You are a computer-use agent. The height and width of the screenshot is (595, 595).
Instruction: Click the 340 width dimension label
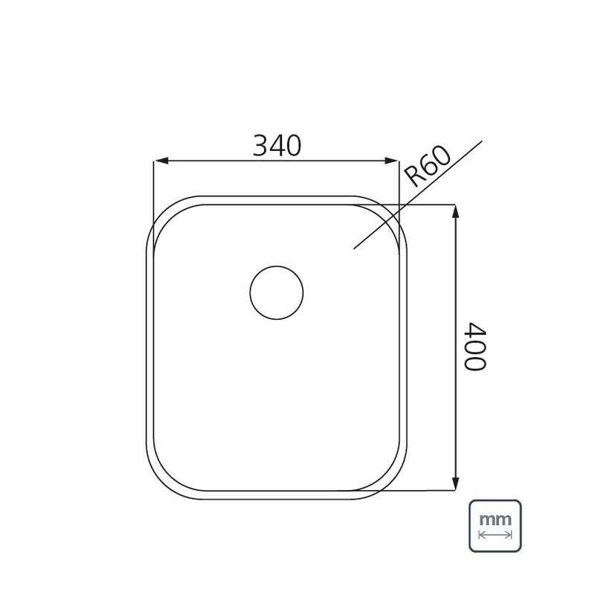coord(277,146)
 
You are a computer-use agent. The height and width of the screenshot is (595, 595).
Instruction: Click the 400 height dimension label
coord(475,347)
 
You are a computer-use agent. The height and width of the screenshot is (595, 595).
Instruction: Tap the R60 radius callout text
coord(427,167)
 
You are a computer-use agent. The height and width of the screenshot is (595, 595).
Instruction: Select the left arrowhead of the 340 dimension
coord(161,161)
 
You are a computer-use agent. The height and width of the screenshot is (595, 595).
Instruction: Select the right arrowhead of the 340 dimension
coord(392,161)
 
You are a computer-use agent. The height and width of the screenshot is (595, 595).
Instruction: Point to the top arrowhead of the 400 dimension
coord(456,212)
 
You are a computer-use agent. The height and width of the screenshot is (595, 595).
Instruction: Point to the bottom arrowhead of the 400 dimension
coord(456,483)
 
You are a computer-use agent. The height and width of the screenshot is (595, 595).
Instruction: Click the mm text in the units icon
coord(495,519)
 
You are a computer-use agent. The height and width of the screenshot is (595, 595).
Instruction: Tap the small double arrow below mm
coord(495,535)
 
